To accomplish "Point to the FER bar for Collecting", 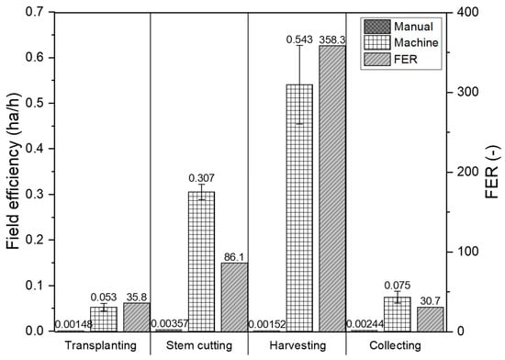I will [429, 319].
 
